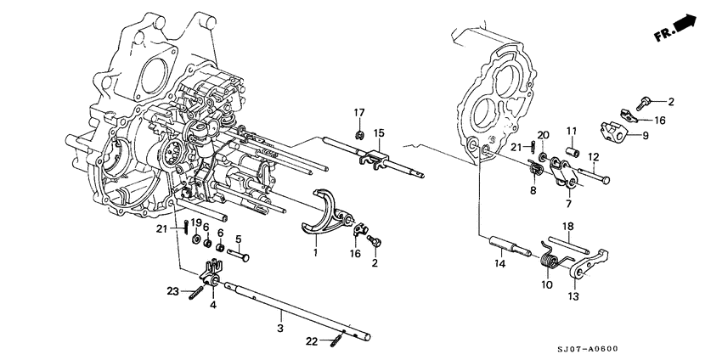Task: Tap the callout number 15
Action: (379, 132)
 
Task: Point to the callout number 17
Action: (359, 113)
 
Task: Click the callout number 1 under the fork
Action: (315, 252)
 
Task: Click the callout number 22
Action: (312, 341)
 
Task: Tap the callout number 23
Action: (172, 291)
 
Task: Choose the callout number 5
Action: (238, 239)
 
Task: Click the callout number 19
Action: (195, 222)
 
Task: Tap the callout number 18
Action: (570, 225)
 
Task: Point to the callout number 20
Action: (544, 133)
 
